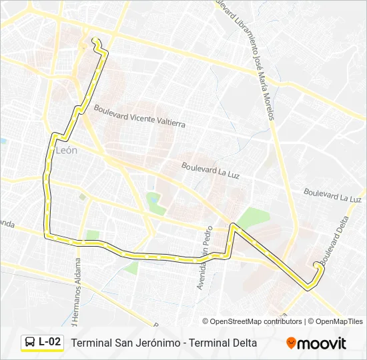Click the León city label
[67, 151]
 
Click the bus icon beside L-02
[30, 343]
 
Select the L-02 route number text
[50, 343]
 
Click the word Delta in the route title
[244, 343]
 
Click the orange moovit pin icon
[291, 343]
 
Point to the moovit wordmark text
[322, 344]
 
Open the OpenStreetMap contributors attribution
[256, 321]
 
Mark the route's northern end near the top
[95, 41]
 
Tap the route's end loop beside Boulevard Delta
[318, 267]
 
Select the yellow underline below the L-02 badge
[42, 351]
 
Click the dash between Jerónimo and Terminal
[184, 343]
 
